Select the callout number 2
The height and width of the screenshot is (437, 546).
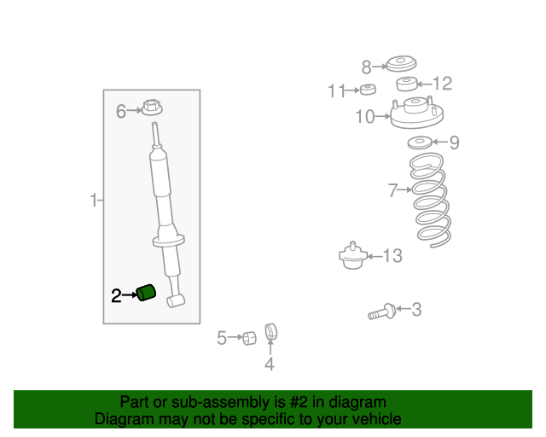(x=116, y=296)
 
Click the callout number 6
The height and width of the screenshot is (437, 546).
(x=120, y=111)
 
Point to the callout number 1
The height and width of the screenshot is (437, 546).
(x=93, y=201)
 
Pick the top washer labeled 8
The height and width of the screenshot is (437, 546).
(x=399, y=62)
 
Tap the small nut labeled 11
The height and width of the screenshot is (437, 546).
(x=368, y=90)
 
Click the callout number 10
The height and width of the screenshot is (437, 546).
(x=365, y=116)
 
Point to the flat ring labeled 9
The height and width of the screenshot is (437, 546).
(x=418, y=141)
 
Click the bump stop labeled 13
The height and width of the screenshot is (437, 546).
(x=351, y=255)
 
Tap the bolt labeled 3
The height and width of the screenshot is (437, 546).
(x=380, y=312)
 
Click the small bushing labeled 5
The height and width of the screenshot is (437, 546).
(x=249, y=338)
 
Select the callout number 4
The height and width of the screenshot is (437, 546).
(x=269, y=365)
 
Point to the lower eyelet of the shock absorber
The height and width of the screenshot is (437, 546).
(x=177, y=300)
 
